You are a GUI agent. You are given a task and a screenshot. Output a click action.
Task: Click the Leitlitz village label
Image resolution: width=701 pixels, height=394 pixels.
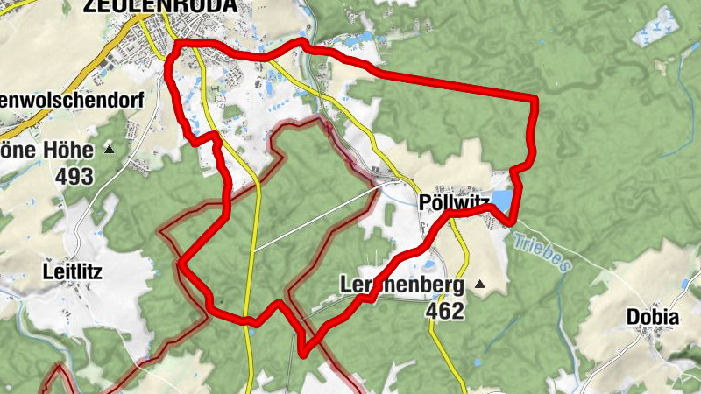[72, 271]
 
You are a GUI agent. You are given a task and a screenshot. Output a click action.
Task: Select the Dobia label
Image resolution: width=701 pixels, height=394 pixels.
[652, 318]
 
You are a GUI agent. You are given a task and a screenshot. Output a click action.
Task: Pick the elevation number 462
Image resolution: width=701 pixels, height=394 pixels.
[443, 310]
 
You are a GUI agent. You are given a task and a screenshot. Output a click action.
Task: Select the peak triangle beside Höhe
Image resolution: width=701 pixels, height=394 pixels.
[110, 149]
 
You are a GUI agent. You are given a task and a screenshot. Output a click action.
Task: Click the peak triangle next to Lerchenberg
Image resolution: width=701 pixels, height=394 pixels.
[479, 285]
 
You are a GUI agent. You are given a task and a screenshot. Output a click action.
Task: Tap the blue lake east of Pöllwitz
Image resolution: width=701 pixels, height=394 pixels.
[502, 203]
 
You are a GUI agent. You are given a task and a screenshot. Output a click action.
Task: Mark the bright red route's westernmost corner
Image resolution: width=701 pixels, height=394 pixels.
[181, 261]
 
